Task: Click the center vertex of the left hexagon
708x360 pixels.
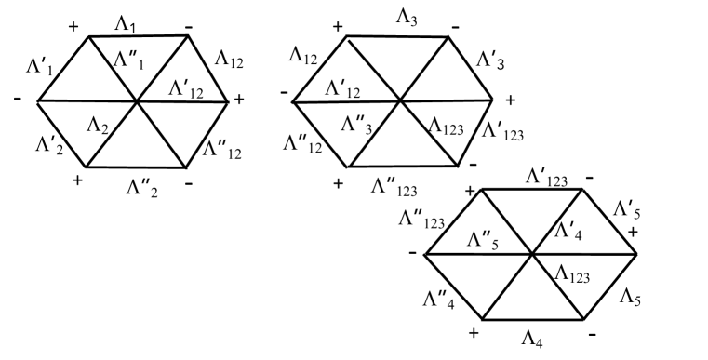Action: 138,100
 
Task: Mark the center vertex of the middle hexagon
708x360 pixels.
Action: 401,100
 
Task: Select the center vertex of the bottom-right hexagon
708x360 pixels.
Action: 531,253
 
